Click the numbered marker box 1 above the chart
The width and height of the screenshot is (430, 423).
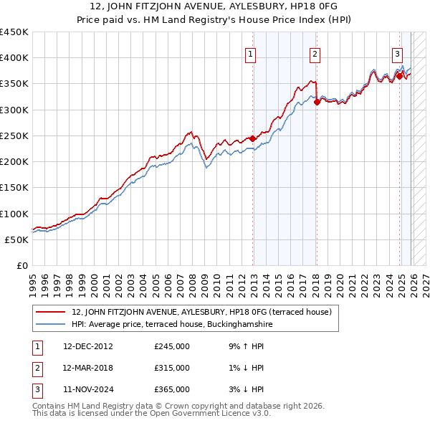click(251, 54)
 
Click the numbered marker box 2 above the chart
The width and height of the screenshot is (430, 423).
click(315, 54)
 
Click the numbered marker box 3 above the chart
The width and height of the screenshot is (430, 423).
click(397, 54)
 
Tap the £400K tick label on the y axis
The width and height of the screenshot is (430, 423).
click(14, 58)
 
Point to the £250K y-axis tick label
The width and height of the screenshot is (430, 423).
click(14, 136)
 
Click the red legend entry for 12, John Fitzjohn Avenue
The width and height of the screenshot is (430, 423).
click(201, 313)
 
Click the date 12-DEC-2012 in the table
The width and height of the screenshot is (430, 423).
click(87, 346)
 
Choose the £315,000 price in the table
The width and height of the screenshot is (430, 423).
click(172, 368)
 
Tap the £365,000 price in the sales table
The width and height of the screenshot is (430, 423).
click(172, 390)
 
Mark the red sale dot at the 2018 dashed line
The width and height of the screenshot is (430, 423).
click(316, 103)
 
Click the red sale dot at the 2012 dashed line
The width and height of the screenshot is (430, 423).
click(252, 138)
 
